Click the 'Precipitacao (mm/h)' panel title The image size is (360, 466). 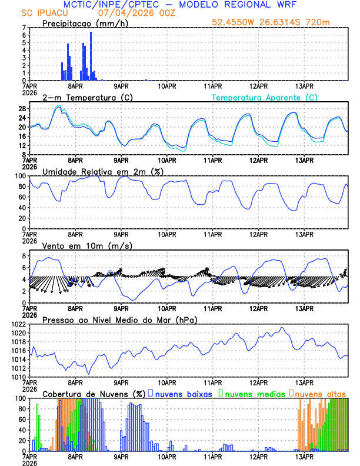85,24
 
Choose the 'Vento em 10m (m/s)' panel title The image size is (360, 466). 87,245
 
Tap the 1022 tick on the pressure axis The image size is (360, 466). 18,324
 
